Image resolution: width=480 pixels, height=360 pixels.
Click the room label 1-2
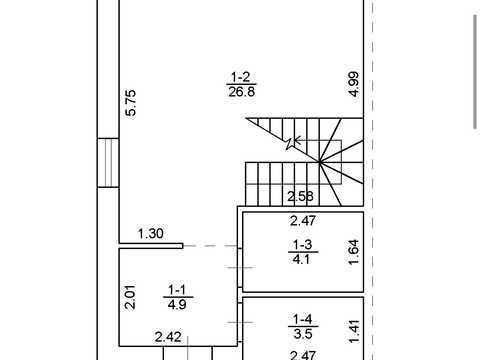241,77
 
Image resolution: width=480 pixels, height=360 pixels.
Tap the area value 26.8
242,91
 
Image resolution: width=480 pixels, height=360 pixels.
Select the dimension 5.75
131,103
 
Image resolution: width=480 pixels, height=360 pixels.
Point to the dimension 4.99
354,84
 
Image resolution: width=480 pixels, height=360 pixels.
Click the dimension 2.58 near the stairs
300,196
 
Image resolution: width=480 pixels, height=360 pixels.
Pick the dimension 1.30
151,233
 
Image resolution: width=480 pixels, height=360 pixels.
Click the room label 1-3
302,245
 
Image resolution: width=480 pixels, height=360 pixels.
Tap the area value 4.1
301,259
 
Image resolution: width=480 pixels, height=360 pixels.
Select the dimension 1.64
354,252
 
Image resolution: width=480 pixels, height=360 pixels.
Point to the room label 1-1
177,289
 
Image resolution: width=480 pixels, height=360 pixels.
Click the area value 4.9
177,304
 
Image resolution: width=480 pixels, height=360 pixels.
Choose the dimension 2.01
131,297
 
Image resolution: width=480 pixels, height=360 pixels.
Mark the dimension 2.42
168,337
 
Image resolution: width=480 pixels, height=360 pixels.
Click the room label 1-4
303,319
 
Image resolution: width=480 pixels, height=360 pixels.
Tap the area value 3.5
303,333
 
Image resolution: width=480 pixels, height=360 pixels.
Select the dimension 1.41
354,331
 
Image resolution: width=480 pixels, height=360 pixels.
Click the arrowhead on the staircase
297,141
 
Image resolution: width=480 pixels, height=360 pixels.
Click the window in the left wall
108,163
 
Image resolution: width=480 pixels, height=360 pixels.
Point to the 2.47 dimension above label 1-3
303,221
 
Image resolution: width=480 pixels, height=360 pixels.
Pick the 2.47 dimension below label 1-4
303,355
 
